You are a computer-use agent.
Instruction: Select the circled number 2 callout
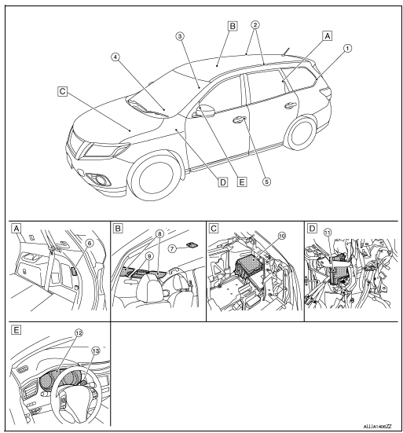[x=253, y=25]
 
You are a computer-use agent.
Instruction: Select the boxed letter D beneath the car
[x=223, y=182]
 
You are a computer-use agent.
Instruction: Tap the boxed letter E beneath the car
[x=242, y=182]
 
